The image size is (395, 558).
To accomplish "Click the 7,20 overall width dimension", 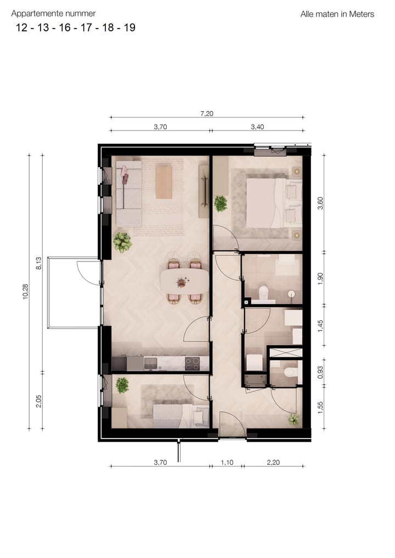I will point(206,113).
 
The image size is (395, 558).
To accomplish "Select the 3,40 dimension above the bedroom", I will point(257,127).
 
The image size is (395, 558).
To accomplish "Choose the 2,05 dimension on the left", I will point(39,401).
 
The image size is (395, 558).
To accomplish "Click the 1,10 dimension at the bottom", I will point(227,462).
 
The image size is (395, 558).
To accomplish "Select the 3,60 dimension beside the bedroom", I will point(321,203).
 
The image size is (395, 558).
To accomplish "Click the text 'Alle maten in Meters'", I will point(337,14).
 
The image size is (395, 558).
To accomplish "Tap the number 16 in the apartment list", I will point(65,27).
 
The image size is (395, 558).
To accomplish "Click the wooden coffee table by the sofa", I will point(164,183).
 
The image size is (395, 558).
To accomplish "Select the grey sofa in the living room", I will point(128,193).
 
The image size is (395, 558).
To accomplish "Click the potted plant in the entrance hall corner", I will point(294,419).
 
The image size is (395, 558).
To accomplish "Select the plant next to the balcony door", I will point(122,242).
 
